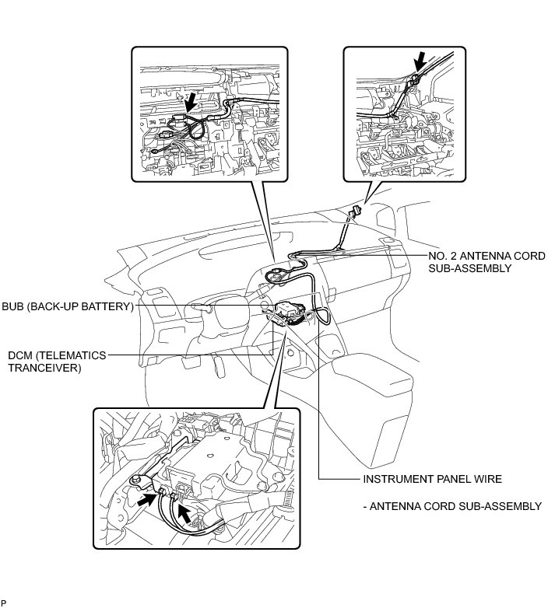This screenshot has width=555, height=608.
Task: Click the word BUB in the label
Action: [14, 306]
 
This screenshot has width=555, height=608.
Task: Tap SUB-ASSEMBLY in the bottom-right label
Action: [502, 506]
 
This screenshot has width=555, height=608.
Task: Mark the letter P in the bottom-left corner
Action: [4, 603]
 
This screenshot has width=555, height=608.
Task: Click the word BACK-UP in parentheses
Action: [61, 306]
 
